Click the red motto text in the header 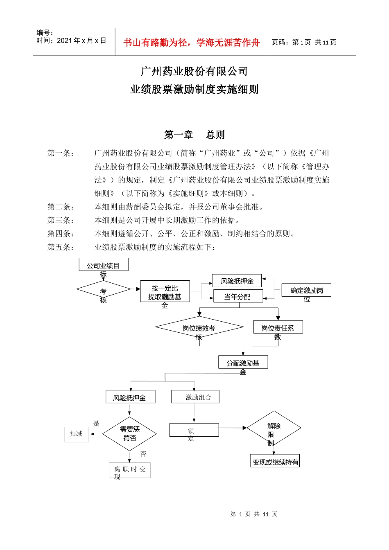tap(191, 43)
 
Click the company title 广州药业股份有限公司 tap(194, 72)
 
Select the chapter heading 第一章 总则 tap(194, 135)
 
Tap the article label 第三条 tap(61, 221)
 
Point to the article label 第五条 tap(61, 247)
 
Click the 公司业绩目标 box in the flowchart tap(103, 265)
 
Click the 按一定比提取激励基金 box tap(165, 292)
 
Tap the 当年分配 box tap(238, 297)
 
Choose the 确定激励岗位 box tap(306, 291)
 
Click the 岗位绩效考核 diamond tap(199, 328)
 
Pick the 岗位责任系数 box tap(278, 327)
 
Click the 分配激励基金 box tap(243, 363)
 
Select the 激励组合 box tap(195, 397)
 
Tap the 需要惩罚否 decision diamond tap(129, 434)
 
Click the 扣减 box tap(76, 434)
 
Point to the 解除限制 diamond tap(274, 428)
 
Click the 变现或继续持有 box tap(275, 461)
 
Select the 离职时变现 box tap(130, 470)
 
